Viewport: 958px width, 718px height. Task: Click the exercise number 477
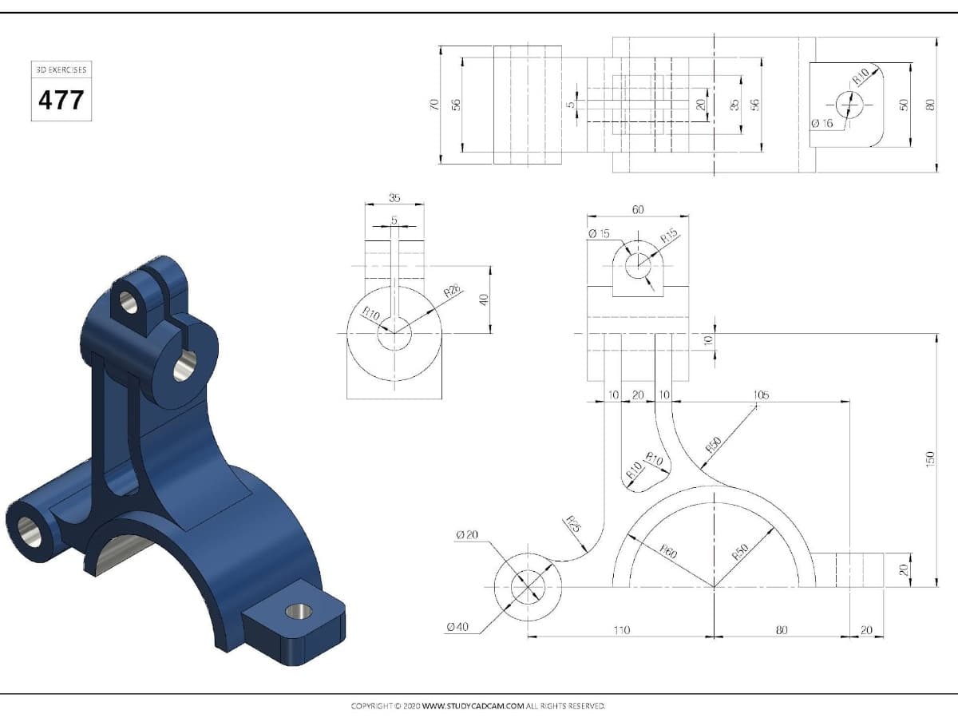(x=61, y=100)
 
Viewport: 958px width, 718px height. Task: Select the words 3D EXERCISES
(x=61, y=69)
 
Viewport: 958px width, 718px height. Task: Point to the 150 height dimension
(x=929, y=459)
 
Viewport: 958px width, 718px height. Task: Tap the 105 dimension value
(x=761, y=395)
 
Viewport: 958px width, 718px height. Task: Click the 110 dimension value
(x=621, y=630)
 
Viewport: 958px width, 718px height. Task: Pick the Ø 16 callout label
(x=822, y=124)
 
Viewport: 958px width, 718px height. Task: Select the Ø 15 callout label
(x=599, y=233)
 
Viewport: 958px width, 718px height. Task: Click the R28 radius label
(x=453, y=291)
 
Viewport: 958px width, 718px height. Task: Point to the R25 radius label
(x=573, y=524)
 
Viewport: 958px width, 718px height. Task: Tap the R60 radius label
(x=668, y=551)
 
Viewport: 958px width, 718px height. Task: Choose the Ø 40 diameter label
(x=457, y=627)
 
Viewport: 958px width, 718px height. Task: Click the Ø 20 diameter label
(x=467, y=534)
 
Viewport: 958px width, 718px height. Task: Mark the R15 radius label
(x=670, y=236)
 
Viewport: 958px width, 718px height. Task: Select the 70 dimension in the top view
(x=433, y=105)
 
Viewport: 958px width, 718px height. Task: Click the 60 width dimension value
(x=638, y=210)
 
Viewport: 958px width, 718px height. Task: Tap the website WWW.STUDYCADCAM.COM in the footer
(x=473, y=706)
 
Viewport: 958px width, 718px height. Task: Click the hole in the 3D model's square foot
(x=299, y=612)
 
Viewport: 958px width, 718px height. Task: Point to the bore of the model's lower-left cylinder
(x=30, y=532)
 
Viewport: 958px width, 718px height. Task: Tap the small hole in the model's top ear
(x=129, y=303)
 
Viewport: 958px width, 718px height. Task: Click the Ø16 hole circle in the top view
(x=849, y=105)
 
